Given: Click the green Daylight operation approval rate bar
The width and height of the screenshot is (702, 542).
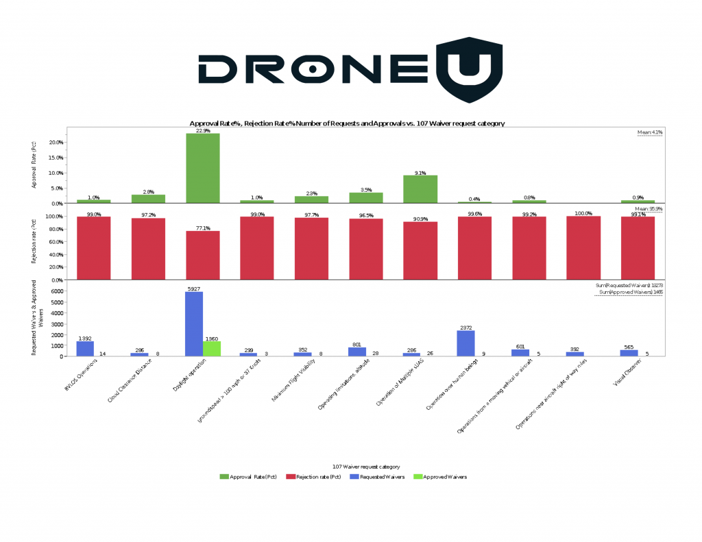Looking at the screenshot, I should (203, 168).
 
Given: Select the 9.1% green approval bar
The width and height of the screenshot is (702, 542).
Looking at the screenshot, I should (420, 189).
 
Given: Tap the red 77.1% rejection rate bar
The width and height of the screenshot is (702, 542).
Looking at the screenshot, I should (203, 255).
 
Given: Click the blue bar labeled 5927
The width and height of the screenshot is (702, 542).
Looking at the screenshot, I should (194, 323).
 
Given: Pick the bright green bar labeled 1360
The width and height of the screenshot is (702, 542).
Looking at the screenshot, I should (211, 348).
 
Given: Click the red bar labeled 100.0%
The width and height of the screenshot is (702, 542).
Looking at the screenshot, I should (583, 248).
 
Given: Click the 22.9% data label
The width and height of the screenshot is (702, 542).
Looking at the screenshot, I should (203, 130).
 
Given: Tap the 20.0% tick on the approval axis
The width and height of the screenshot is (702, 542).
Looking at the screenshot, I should (56, 143).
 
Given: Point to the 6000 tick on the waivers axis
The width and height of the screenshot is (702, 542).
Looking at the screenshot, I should (58, 291).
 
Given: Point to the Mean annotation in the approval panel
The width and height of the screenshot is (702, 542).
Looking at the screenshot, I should (649, 132).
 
